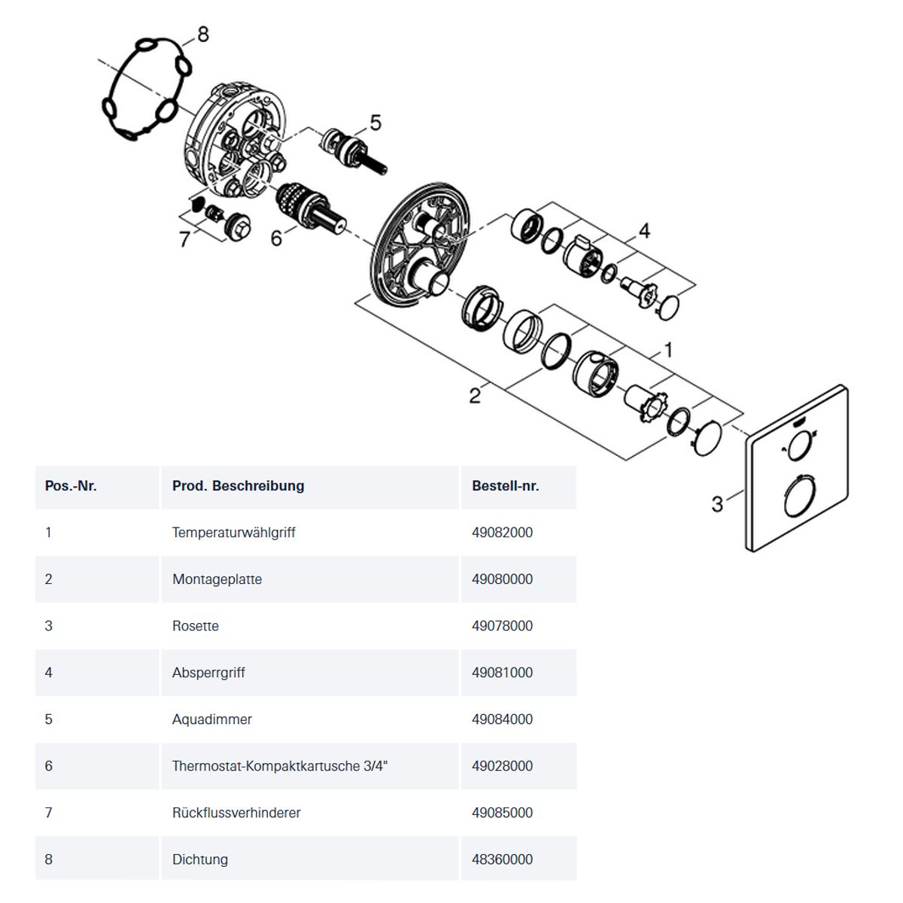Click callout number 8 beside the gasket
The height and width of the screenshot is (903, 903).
202,34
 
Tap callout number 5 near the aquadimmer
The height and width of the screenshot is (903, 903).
375,123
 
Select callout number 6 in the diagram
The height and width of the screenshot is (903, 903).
276,238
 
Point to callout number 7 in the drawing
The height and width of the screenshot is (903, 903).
184,239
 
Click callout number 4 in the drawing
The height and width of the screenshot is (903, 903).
644,230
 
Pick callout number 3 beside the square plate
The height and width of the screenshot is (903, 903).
717,504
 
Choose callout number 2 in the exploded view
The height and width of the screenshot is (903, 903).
475,396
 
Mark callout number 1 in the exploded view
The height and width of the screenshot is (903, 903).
668,350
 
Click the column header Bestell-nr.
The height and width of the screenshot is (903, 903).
505,486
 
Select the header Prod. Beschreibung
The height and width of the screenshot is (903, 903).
238,486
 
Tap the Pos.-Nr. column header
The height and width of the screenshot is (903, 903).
71,486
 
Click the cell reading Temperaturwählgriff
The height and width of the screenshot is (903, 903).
233,532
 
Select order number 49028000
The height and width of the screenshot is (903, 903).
502,766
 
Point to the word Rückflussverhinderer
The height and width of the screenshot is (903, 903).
236,813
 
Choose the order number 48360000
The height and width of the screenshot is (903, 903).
502,859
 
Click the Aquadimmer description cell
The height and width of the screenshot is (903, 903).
211,719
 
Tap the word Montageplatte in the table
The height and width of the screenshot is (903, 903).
217,579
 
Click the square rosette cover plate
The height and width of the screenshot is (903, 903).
797,469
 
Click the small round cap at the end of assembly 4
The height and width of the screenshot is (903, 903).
669,308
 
